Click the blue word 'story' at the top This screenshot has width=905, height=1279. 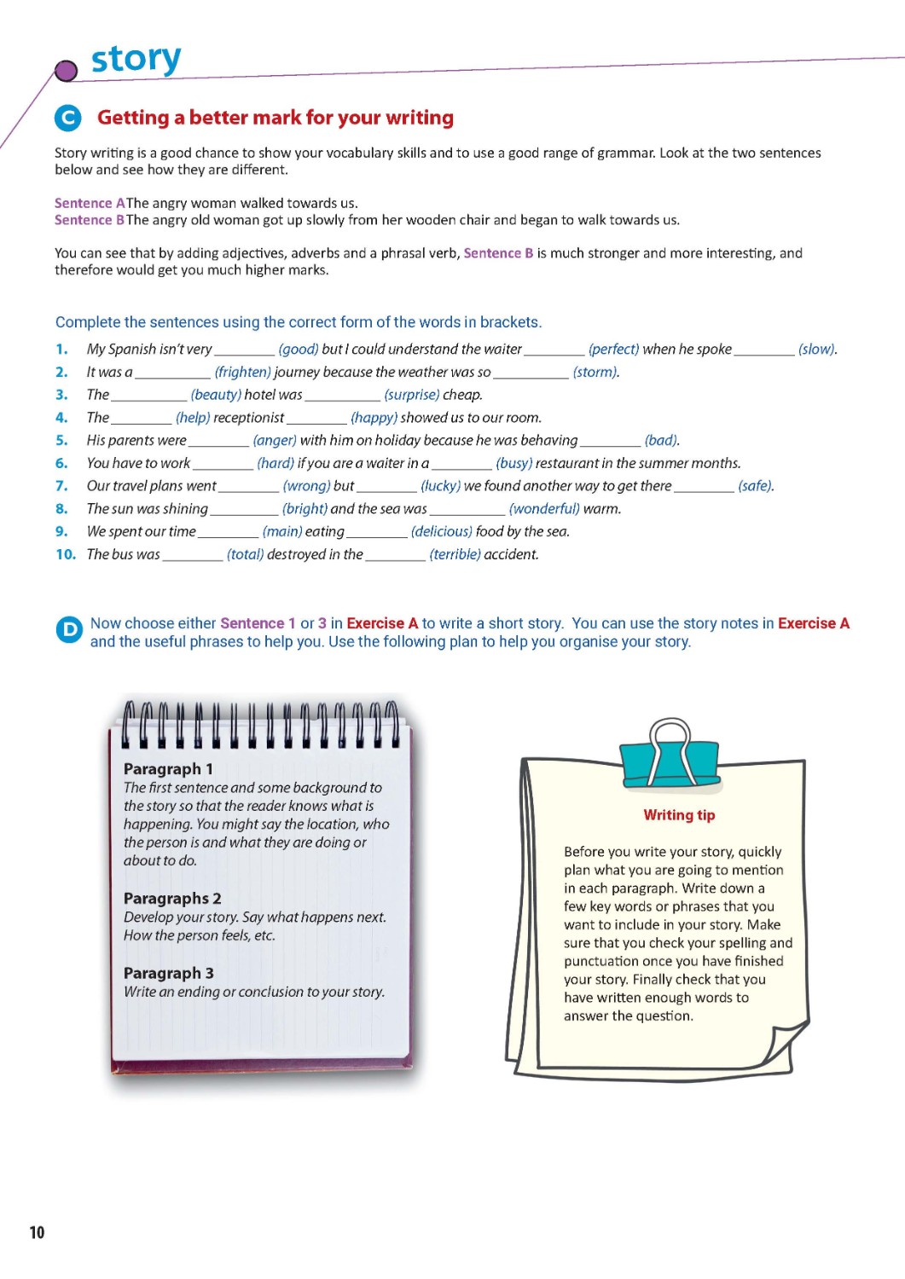coord(136,60)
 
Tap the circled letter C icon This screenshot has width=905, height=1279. coord(67,118)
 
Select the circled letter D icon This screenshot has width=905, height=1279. coord(68,629)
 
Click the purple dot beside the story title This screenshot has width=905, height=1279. coord(66,71)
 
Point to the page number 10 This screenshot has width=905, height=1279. coord(37,1232)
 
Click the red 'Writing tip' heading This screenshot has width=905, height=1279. coord(679,815)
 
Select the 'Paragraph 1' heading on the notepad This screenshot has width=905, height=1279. coord(168,768)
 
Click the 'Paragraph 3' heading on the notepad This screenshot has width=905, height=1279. coord(168,973)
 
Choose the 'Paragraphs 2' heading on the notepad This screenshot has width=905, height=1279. coord(171,898)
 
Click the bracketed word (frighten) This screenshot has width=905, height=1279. coord(243,372)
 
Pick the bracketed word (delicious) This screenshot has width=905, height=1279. coord(441,531)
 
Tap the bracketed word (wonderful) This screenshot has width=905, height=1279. coord(544,508)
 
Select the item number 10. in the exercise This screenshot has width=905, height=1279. coord(66,554)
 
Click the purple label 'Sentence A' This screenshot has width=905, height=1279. coord(90,203)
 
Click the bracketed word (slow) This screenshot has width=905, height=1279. coord(817,349)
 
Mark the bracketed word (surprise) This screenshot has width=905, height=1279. coord(412,395)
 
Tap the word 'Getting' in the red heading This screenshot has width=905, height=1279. coord(133,118)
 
